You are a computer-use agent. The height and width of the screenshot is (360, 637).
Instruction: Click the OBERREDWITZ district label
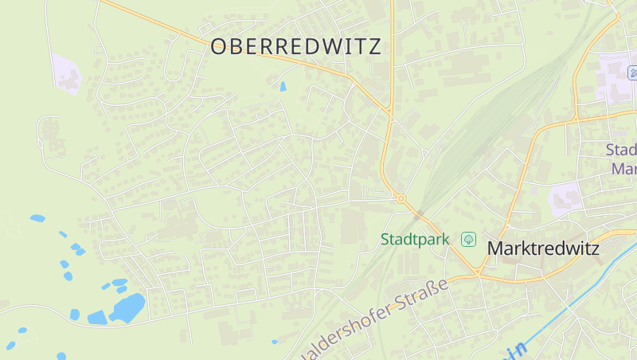click(295, 47)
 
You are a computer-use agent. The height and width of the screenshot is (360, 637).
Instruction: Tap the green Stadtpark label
click(415, 239)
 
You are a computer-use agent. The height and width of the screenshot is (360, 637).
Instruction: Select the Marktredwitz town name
click(542, 248)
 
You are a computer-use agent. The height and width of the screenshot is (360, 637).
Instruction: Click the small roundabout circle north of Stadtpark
click(401, 198)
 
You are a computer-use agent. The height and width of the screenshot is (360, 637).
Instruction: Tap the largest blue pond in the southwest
click(127, 307)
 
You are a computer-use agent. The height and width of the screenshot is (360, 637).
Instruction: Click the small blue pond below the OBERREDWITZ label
click(283, 86)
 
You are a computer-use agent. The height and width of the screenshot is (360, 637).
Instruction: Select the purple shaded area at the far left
click(65, 73)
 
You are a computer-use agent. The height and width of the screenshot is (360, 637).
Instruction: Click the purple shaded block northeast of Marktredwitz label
click(566, 196)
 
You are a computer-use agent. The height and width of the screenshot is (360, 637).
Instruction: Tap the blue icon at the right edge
click(633, 73)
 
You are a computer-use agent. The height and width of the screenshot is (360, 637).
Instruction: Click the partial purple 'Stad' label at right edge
click(621, 150)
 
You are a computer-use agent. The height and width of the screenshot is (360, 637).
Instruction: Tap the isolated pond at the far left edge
click(37, 217)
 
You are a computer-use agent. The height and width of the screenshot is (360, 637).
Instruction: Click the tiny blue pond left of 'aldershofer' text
click(275, 342)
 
